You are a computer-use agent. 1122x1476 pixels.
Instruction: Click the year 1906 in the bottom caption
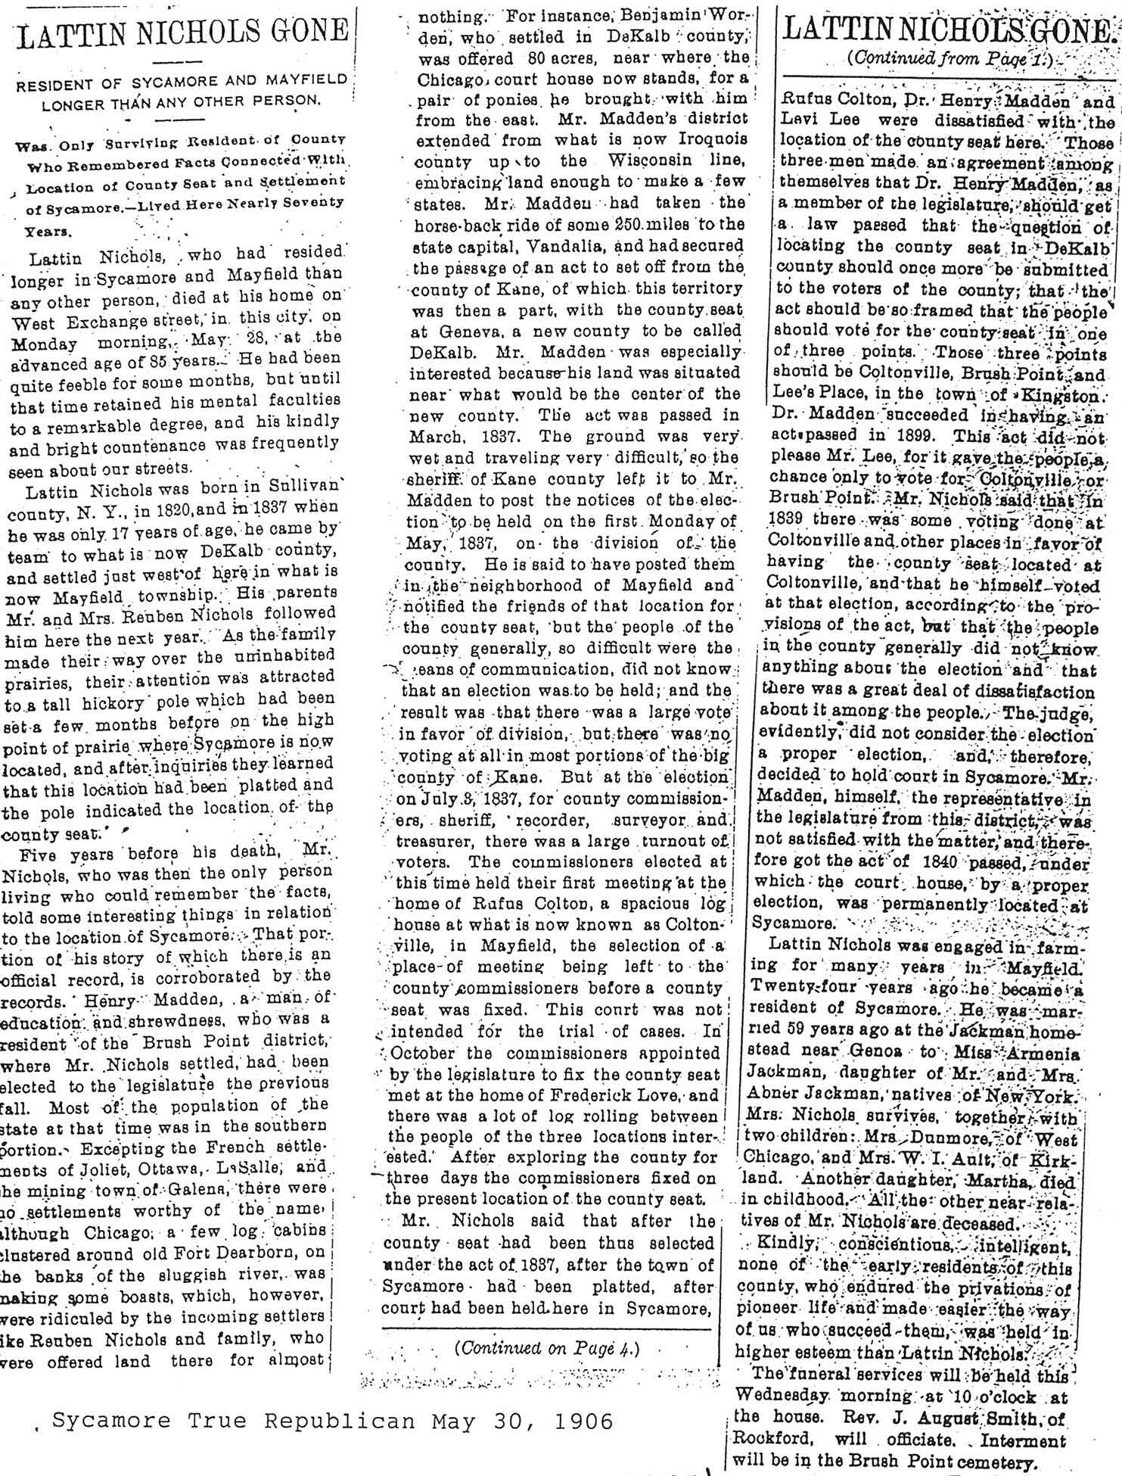tap(580, 1422)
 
